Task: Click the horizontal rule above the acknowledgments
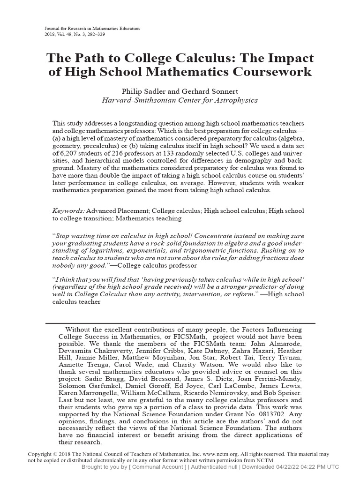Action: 180,323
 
